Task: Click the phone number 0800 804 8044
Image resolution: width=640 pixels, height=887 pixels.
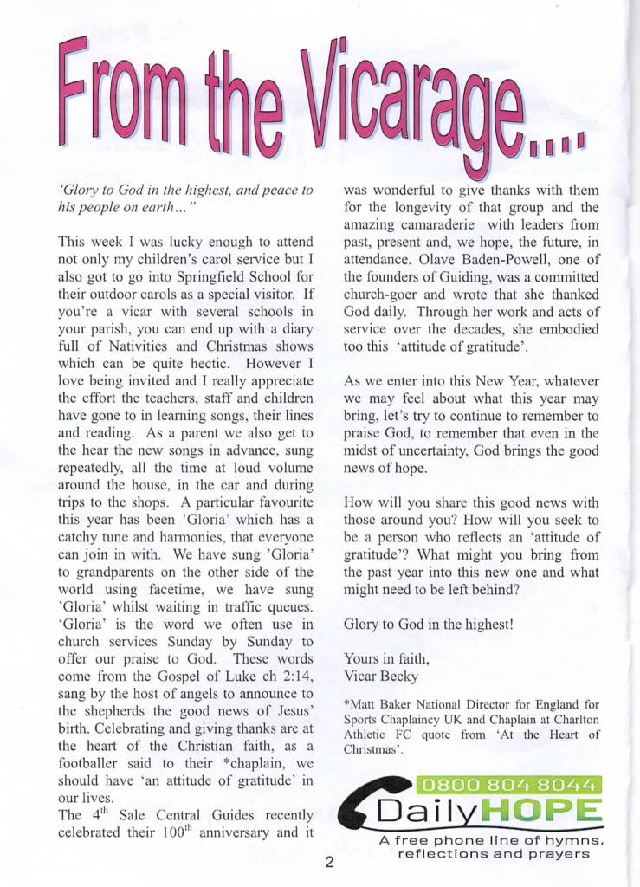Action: coord(509,786)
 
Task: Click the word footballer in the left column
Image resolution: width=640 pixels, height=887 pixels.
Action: coord(93,764)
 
